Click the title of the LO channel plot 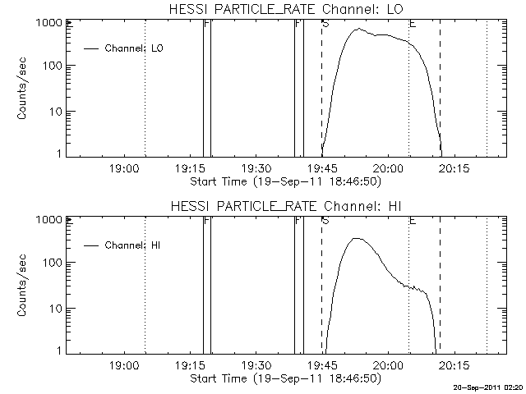coord(284,9)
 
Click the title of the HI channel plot coord(284,206)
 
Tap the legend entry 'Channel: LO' coord(136,48)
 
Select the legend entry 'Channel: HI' coord(136,245)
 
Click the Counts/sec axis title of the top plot coord(24,89)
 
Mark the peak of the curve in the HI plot coord(356,238)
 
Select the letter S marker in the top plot coord(326,25)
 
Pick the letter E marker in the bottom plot coord(413,222)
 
